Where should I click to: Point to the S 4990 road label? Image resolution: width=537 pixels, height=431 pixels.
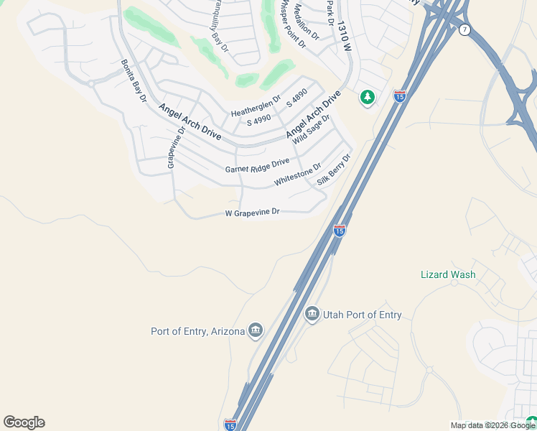(259, 122)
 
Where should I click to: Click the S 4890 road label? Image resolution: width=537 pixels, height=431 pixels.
(296, 98)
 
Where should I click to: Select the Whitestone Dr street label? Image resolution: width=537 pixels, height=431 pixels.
(297, 175)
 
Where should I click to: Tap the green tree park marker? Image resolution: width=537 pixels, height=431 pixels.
(368, 97)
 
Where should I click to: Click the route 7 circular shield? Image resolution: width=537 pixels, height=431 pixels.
(466, 29)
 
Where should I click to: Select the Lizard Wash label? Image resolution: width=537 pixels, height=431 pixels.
(448, 274)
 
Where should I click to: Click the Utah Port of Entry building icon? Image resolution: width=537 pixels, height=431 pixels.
(312, 314)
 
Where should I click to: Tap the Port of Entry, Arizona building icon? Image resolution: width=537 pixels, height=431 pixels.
(255, 330)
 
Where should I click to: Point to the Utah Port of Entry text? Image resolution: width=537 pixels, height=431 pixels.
(363, 315)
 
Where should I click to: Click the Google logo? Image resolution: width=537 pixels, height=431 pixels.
(24, 422)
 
